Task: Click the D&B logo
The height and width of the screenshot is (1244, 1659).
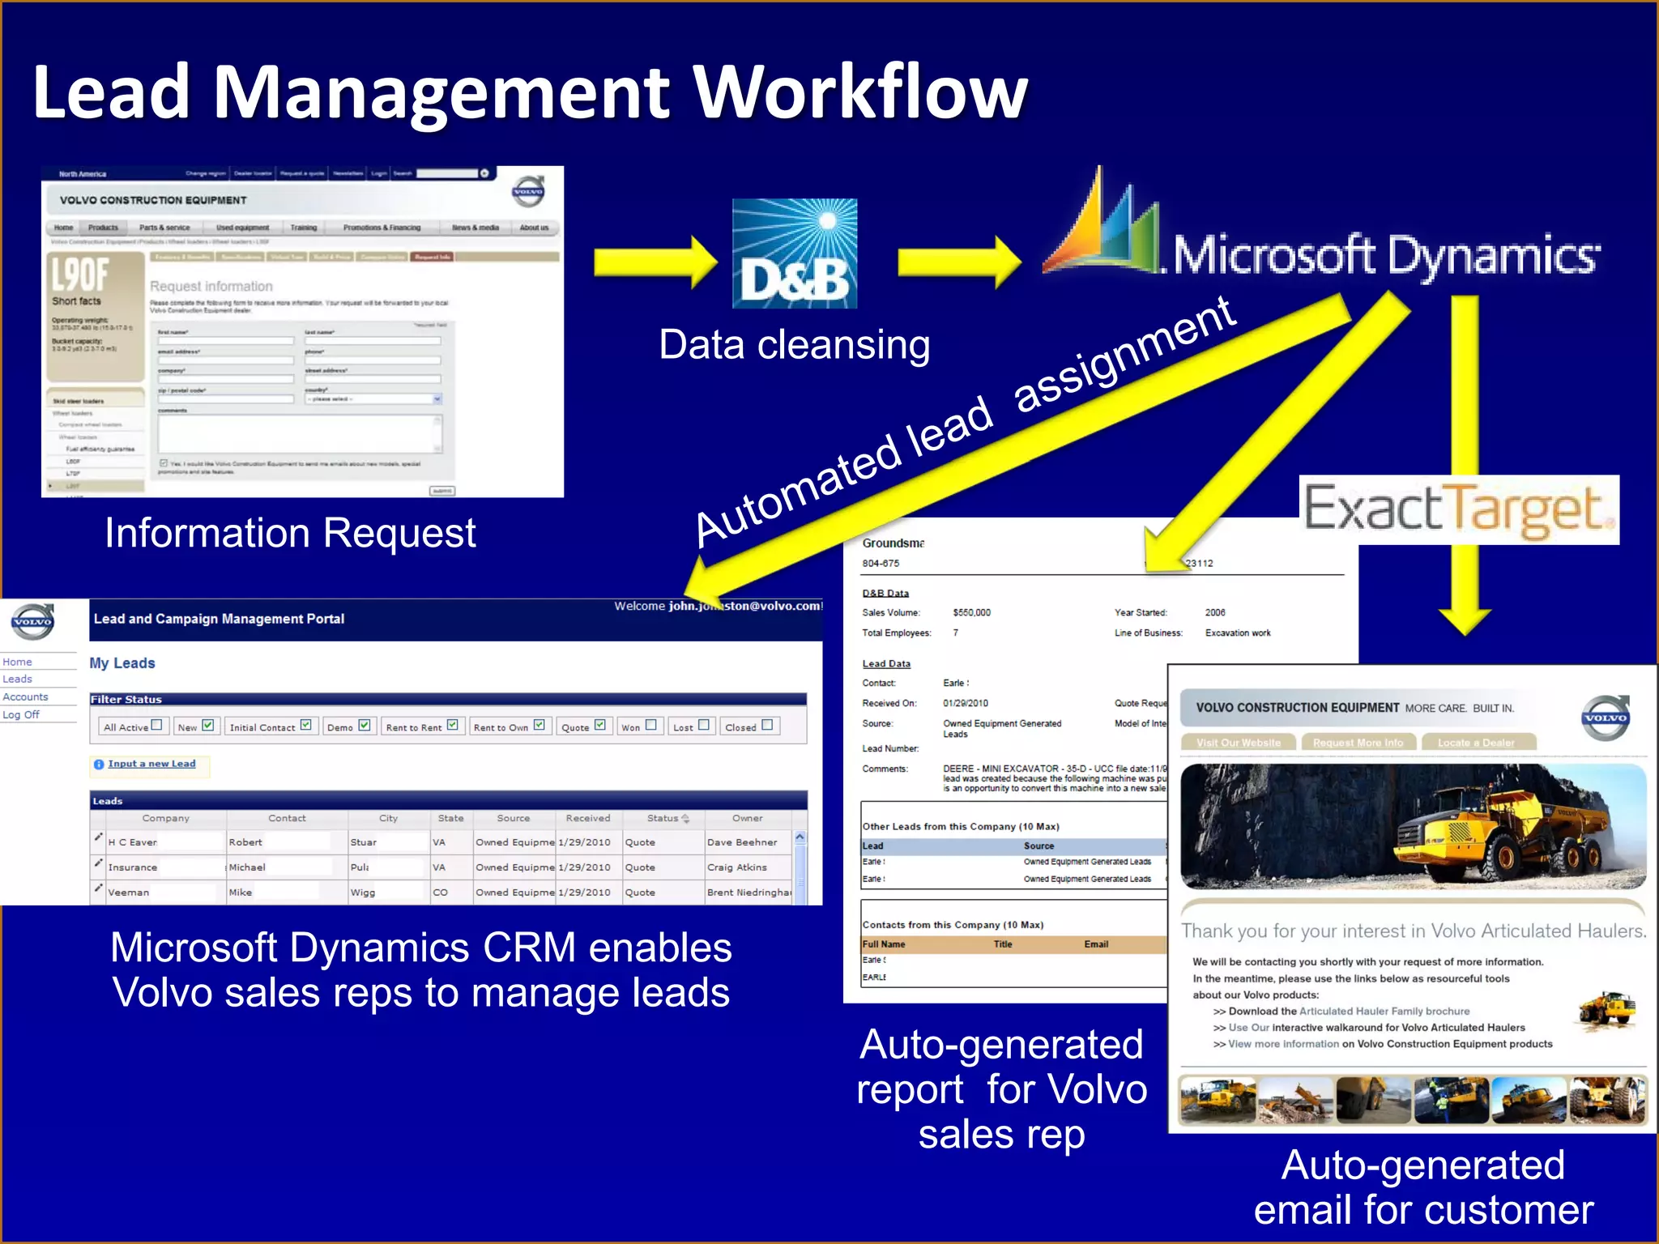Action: point(794,253)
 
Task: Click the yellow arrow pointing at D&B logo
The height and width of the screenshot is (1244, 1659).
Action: point(655,262)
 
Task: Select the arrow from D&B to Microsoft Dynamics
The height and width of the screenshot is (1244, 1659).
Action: point(959,262)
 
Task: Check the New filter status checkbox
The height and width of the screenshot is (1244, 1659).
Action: point(208,725)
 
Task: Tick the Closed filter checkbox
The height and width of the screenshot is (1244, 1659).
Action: point(767,725)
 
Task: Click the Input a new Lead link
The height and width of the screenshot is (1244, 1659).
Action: point(151,764)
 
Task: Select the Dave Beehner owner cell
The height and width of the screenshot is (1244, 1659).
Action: point(742,842)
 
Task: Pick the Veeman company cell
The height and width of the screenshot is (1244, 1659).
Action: point(129,893)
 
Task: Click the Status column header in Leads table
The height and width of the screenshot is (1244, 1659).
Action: point(663,818)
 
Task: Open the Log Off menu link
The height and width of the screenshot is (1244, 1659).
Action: point(21,714)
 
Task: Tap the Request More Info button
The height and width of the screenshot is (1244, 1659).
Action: point(1358,743)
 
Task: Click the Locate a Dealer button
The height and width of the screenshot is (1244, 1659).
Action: point(1475,743)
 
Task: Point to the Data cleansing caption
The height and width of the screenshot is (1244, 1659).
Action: point(794,345)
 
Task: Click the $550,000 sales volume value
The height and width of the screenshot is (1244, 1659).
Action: point(971,613)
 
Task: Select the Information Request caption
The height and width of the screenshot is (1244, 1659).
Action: point(290,533)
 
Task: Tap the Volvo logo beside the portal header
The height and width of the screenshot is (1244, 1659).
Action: point(32,622)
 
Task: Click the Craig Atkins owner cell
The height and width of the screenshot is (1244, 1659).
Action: point(736,867)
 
